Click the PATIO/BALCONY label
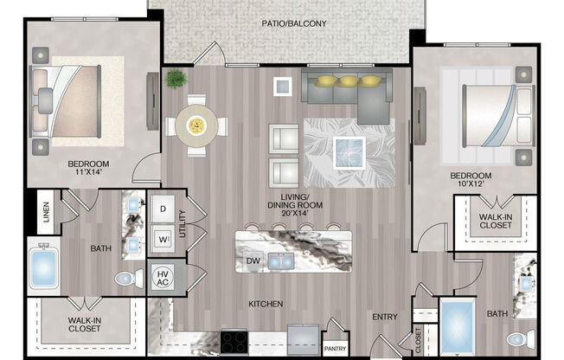(x=295, y=23)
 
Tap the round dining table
(x=197, y=126)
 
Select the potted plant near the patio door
(x=176, y=79)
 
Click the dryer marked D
(x=163, y=209)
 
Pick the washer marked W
(x=163, y=237)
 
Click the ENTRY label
(x=385, y=317)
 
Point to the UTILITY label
(x=183, y=223)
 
